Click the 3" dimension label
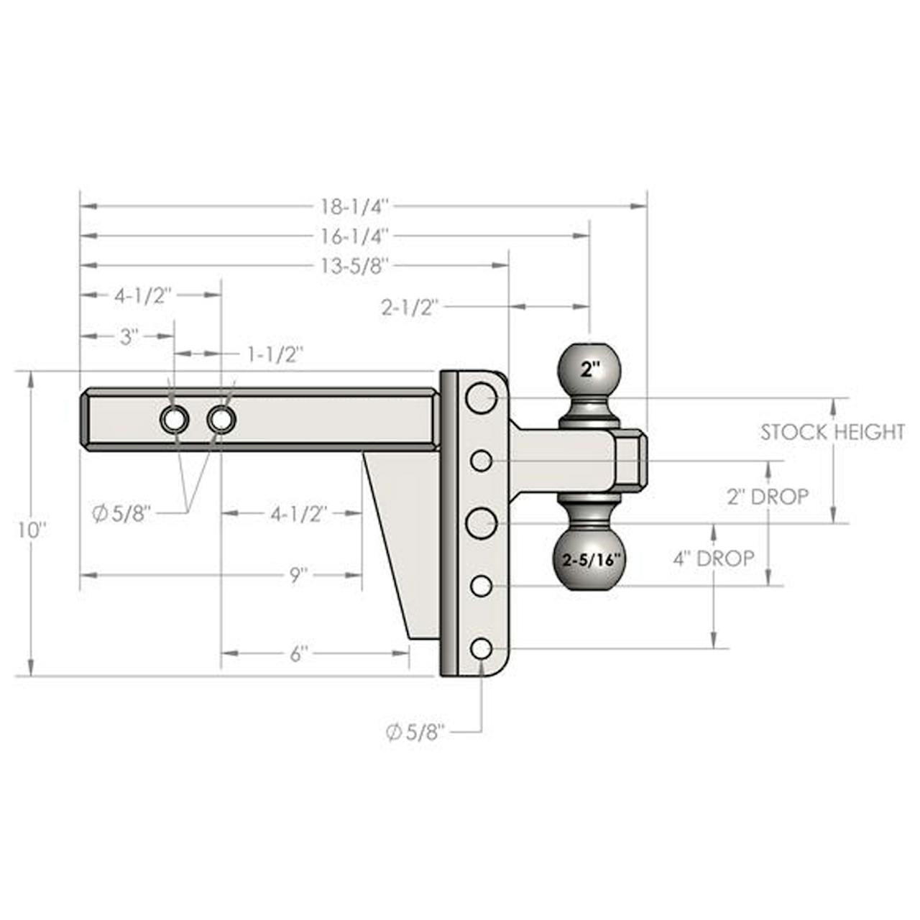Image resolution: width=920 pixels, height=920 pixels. click(x=128, y=337)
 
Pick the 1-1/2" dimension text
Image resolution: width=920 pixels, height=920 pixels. click(x=275, y=355)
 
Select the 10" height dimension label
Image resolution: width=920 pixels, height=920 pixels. click(x=32, y=530)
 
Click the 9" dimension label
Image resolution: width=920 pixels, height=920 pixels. click(x=296, y=575)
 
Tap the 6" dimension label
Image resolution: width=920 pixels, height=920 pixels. click(x=297, y=654)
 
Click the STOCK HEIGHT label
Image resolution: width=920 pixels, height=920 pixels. click(x=832, y=433)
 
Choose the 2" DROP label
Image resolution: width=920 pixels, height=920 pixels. click(x=768, y=497)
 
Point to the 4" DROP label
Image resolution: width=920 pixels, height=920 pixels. click(x=714, y=558)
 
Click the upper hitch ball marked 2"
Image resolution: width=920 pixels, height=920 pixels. click(x=589, y=369)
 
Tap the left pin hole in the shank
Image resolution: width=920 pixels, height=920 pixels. click(x=174, y=420)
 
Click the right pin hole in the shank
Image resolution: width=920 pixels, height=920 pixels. click(x=221, y=420)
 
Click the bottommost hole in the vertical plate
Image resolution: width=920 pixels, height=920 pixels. click(x=482, y=649)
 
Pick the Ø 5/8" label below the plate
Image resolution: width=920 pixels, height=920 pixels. click(x=415, y=732)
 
